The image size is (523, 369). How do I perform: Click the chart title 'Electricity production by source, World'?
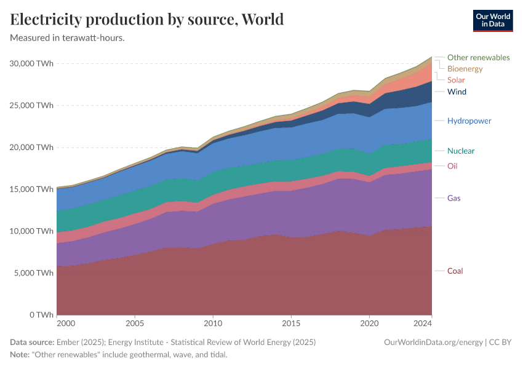147,20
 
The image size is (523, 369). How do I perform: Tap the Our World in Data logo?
492,20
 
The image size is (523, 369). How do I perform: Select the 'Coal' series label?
455,271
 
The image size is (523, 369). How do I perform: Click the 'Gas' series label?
453,199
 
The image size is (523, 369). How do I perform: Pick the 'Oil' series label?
452,166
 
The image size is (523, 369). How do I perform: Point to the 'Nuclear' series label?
461,151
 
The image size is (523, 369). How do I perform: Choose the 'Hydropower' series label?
469,121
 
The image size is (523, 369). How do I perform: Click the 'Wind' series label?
457,92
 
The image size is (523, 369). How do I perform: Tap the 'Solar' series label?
456,81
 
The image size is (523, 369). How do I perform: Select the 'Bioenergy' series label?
465,69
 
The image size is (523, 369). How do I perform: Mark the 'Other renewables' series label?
478,58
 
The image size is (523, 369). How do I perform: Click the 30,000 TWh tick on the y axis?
31,63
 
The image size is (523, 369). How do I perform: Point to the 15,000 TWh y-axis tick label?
31,189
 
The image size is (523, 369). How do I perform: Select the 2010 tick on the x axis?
213,323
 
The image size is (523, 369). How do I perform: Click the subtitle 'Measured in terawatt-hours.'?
68,38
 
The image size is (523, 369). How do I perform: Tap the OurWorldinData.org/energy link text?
433,343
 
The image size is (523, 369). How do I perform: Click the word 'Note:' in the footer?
21,355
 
